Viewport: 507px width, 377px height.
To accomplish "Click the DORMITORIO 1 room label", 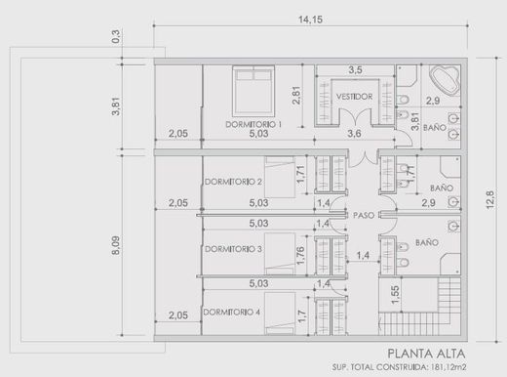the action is (253, 124).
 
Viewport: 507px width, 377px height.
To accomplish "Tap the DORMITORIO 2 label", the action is (233, 182).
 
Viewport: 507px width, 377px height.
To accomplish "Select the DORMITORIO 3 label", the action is (233, 249).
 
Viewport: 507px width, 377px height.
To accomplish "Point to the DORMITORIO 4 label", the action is (231, 312).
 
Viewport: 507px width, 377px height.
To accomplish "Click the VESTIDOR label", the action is (354, 97).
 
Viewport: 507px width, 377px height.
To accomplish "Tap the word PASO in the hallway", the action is (364, 215).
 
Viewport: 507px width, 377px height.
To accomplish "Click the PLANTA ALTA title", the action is (426, 354).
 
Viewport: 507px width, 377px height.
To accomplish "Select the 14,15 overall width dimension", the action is (311, 20).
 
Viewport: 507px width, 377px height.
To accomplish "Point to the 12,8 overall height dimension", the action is (490, 200).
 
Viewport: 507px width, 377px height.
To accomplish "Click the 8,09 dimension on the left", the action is (116, 245).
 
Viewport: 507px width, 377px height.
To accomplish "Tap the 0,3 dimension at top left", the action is (116, 36).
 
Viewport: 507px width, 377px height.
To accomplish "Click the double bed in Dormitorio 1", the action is (253, 91).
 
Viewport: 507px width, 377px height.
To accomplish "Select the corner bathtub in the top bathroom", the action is (445, 80).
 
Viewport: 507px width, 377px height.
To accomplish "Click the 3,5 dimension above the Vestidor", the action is (355, 69).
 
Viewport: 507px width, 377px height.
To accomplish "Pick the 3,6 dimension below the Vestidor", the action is (354, 133).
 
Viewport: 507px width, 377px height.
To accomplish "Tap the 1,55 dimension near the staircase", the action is (395, 295).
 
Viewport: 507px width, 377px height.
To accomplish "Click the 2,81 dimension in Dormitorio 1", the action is (296, 95).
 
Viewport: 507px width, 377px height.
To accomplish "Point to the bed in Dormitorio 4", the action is (280, 314).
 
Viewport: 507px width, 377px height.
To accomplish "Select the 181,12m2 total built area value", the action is (448, 367).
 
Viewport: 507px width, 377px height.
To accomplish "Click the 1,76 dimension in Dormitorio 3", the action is (300, 256).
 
